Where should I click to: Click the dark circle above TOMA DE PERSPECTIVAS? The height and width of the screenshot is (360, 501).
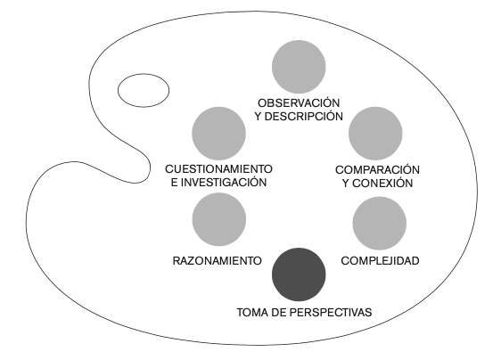299,274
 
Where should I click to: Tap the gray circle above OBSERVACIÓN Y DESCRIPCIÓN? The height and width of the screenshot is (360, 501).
299,67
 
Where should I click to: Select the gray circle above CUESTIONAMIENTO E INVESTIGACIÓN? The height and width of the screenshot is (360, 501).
219,134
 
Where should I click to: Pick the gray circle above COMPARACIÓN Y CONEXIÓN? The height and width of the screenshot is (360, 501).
375,134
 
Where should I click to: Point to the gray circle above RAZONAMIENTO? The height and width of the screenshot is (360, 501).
219,219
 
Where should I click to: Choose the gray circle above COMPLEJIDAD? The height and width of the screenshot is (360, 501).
380,224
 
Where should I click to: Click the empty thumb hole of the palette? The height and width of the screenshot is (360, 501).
144,90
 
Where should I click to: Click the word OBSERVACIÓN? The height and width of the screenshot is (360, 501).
299,103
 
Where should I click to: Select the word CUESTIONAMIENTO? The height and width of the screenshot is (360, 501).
219,169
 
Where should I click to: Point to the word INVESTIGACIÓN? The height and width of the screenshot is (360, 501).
224,183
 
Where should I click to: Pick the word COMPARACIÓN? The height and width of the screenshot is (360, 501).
377,170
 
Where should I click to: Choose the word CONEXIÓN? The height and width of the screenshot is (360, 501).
382,184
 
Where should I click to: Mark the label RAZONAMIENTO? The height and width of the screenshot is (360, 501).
218,261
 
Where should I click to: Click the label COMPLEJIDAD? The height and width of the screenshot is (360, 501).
381,261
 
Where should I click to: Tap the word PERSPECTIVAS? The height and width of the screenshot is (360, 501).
331,313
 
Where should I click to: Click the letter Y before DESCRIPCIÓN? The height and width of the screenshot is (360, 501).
259,117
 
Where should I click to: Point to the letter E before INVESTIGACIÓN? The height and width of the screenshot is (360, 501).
174,183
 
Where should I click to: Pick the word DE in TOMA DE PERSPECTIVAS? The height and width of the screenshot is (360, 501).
279,313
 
